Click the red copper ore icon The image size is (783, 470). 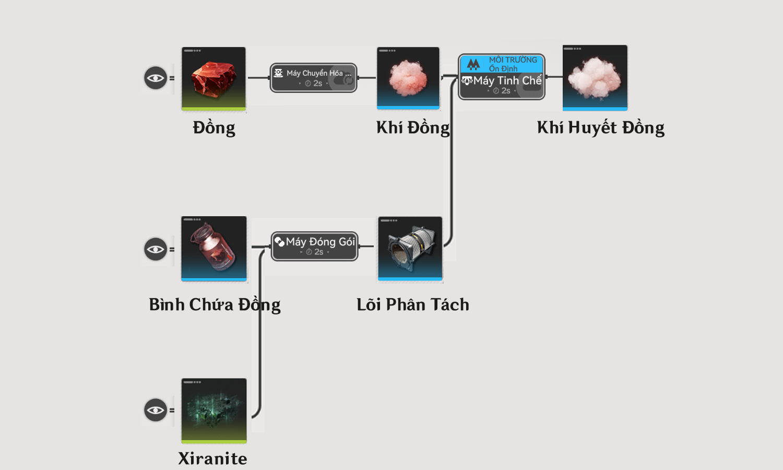(213, 79)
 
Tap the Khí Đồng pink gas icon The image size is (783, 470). (408, 78)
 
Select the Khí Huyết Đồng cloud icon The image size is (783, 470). (595, 78)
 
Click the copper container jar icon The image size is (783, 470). (214, 249)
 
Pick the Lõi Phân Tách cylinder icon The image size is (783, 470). (410, 249)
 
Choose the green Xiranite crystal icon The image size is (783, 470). (214, 411)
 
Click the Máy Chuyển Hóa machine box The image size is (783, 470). (314, 78)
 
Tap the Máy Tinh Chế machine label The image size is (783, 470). (507, 81)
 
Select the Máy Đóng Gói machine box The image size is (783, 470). (315, 246)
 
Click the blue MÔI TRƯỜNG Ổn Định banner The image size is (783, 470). (502, 64)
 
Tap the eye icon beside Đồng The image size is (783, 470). (156, 78)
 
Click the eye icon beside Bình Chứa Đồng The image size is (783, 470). (156, 249)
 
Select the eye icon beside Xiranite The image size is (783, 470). (156, 410)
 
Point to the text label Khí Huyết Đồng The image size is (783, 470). (600, 127)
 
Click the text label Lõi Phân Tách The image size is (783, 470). (413, 304)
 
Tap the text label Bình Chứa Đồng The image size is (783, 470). (215, 304)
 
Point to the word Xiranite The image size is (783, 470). (212, 459)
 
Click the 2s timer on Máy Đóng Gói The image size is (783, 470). (315, 252)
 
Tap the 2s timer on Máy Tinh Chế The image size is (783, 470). (502, 91)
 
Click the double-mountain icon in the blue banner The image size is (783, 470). (473, 64)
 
